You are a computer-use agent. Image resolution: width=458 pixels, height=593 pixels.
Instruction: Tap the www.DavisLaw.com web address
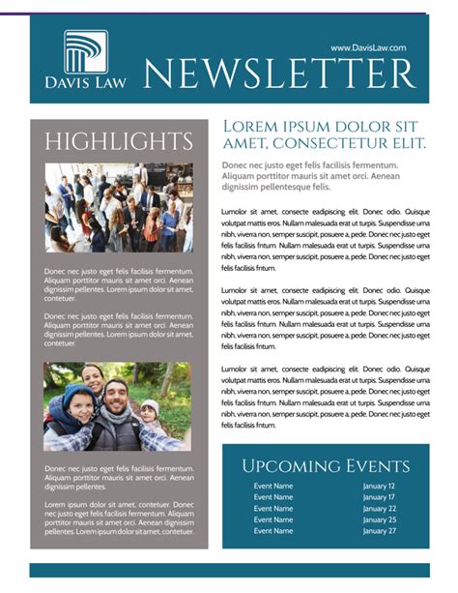coord(368,47)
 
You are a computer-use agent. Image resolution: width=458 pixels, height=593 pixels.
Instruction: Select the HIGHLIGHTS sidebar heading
coord(119,141)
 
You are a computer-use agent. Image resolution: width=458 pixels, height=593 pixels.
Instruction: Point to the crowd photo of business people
coord(119,207)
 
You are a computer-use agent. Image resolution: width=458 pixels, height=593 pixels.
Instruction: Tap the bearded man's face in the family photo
coord(116,398)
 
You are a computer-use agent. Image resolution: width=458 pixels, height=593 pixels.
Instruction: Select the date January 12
coord(379,487)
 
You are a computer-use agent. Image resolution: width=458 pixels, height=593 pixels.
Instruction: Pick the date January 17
coord(379,497)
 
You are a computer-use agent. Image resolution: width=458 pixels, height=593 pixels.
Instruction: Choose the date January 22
coord(379,509)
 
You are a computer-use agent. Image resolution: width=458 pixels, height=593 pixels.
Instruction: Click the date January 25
coord(379,519)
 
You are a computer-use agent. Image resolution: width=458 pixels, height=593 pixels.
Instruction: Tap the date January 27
coord(379,531)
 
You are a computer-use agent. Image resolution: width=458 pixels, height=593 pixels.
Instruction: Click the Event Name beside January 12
coord(272,487)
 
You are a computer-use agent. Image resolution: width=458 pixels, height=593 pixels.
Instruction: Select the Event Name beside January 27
coord(272,531)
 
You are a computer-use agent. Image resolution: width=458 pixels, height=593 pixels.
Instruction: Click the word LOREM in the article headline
coord(252,127)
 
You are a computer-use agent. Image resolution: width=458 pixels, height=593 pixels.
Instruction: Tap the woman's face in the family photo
coord(93,375)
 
